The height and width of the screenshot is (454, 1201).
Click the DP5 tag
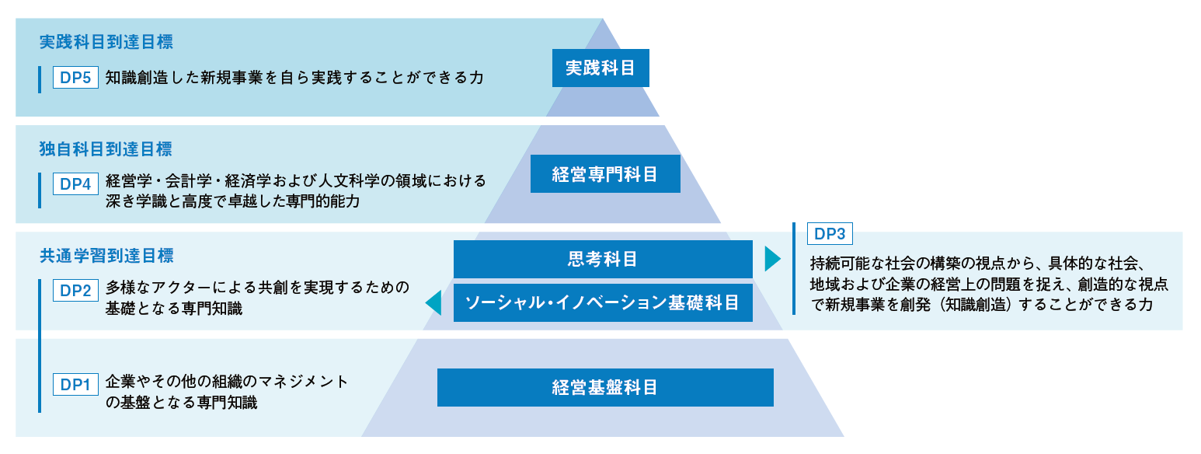(x=75, y=78)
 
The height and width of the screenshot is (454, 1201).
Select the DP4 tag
(x=75, y=184)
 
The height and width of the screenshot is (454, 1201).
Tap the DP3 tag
(x=830, y=233)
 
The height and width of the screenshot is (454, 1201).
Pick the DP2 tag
(x=75, y=291)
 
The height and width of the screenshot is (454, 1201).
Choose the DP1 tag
(x=75, y=384)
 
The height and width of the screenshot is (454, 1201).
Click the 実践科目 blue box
(x=600, y=68)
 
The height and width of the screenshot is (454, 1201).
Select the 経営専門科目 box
(x=605, y=173)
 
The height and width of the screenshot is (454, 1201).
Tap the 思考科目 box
(x=603, y=259)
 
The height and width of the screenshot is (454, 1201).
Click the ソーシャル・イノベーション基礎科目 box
(x=603, y=302)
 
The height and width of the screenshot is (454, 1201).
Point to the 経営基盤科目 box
(x=605, y=387)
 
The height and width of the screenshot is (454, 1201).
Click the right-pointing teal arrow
(x=772, y=259)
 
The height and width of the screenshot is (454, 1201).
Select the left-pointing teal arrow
(x=433, y=303)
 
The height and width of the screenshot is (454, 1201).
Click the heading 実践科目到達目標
(x=106, y=42)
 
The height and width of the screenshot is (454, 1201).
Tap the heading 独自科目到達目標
(x=106, y=148)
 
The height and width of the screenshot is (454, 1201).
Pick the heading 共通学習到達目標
(x=106, y=255)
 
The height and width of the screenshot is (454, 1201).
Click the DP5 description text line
(x=294, y=78)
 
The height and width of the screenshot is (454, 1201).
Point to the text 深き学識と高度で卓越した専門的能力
(x=233, y=201)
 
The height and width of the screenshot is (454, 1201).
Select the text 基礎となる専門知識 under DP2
(x=174, y=309)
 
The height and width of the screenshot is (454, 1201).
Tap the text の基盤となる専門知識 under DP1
(x=181, y=403)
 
